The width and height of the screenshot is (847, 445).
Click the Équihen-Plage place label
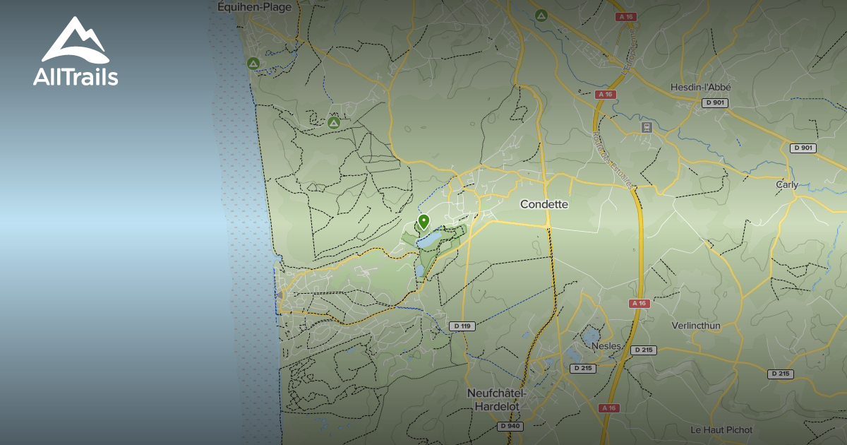click(x=253, y=6)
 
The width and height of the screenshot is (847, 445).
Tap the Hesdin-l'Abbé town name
click(x=700, y=88)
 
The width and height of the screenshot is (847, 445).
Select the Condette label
click(x=543, y=204)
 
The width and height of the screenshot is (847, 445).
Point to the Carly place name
click(x=787, y=185)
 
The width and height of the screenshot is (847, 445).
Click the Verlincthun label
click(x=697, y=326)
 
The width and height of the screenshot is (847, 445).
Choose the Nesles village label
click(x=606, y=347)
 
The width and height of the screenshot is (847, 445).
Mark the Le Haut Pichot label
click(x=721, y=429)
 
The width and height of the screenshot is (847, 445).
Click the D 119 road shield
click(x=462, y=326)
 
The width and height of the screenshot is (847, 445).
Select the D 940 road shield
click(x=511, y=426)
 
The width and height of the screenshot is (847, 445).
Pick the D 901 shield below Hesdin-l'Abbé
click(x=715, y=103)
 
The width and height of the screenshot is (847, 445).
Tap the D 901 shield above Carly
click(x=803, y=148)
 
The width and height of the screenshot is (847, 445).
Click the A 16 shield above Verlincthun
click(x=639, y=303)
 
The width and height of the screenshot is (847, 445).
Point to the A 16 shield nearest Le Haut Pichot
click(x=608, y=408)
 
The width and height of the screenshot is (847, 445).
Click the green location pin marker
click(x=423, y=222)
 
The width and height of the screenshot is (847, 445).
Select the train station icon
click(x=646, y=127)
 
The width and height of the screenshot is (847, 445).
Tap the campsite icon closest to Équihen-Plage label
click(x=253, y=64)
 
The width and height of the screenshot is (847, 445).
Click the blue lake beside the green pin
click(x=430, y=240)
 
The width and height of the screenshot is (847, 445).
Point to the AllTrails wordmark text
click(x=76, y=77)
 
